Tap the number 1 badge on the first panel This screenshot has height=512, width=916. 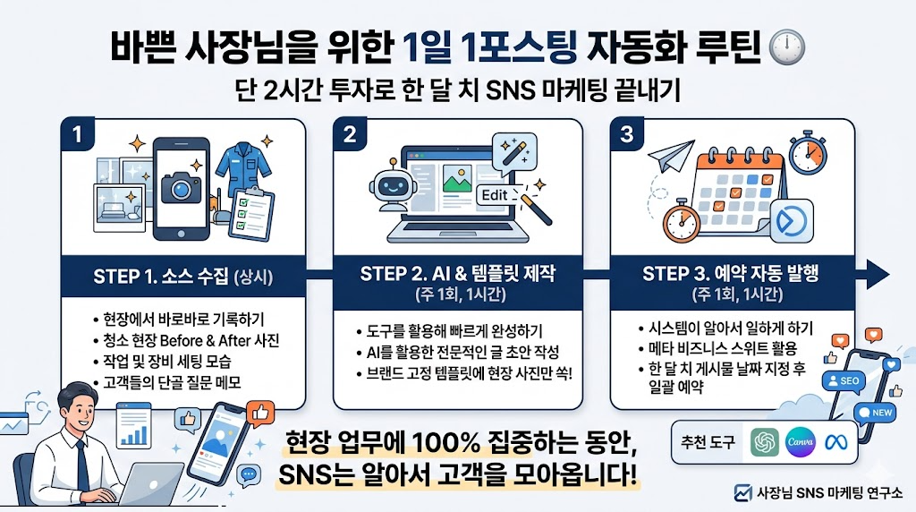point(78,135)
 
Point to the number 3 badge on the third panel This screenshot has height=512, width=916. point(626,135)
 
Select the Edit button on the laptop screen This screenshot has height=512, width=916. point(494,195)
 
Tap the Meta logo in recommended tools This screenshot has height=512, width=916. point(838,443)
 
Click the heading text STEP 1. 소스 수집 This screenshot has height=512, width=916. point(160,276)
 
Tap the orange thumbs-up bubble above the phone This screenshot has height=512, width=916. point(260,413)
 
